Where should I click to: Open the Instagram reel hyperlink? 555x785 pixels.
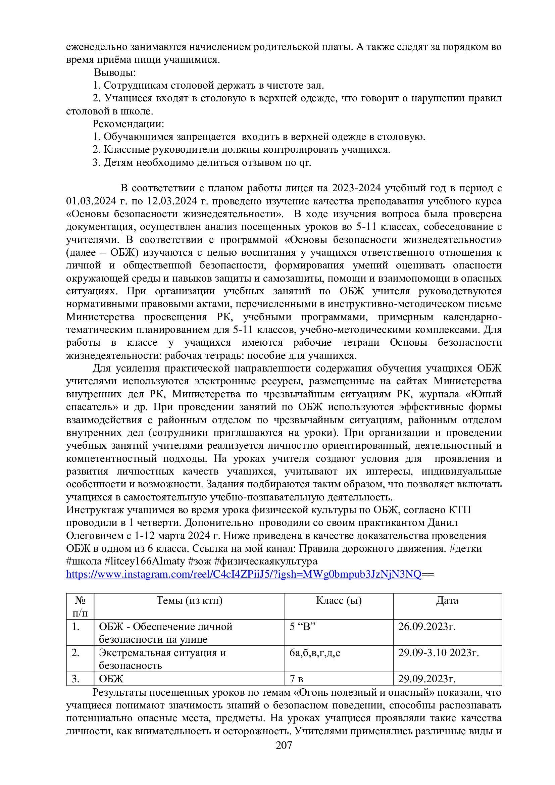tap(243, 575)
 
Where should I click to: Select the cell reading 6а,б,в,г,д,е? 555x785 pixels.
tap(315, 653)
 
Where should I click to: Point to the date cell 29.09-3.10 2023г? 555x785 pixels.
tap(439, 653)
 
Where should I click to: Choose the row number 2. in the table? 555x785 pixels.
tap(75, 653)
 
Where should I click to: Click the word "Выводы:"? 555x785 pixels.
tap(115, 73)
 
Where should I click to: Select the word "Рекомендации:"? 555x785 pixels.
tap(128, 124)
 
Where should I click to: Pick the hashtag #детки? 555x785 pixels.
tap(466, 548)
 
